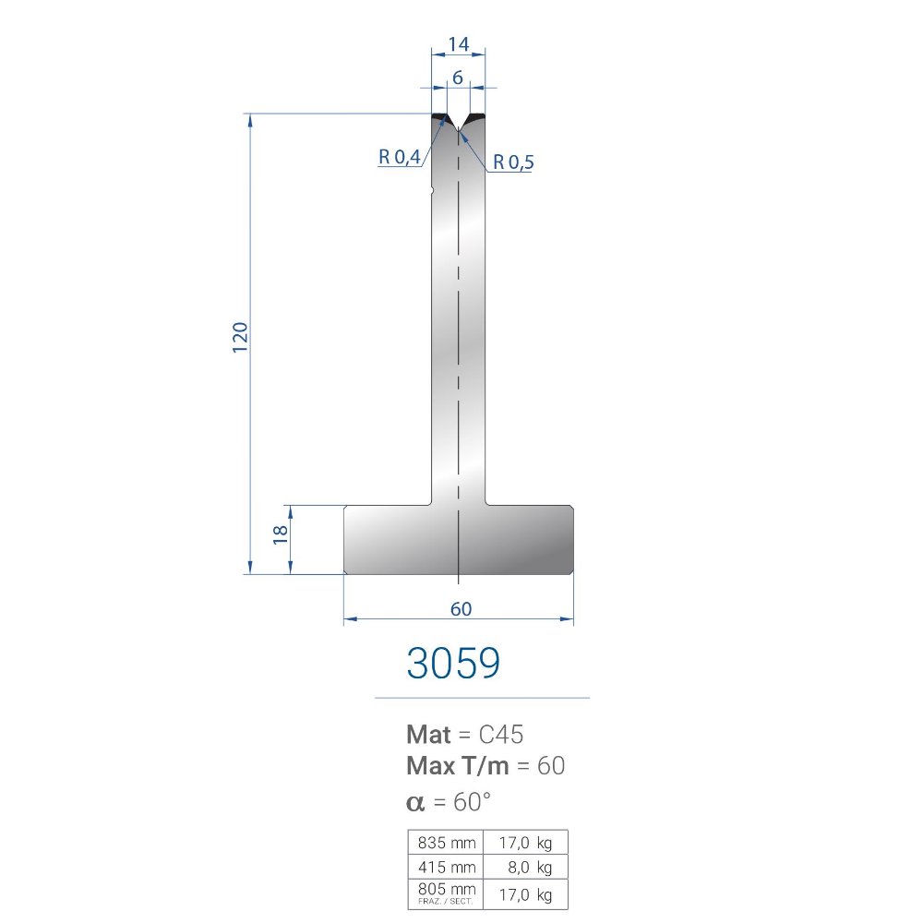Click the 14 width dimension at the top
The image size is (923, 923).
[x=458, y=44]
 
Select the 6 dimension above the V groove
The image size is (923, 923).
[x=458, y=78]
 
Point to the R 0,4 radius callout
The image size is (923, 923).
[x=399, y=157]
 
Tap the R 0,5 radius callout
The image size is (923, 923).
[x=512, y=162]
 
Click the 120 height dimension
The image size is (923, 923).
[x=240, y=337]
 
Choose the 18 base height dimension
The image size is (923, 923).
[x=281, y=534]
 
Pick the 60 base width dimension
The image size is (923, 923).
[x=461, y=608]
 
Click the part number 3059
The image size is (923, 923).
[x=453, y=663]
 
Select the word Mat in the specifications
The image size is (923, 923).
[x=428, y=735]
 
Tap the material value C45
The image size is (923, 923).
[x=501, y=735]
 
